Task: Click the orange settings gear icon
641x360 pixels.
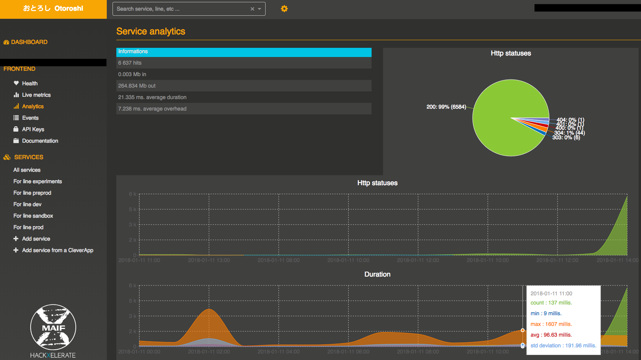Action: [284, 9]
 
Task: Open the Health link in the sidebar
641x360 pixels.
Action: [29, 83]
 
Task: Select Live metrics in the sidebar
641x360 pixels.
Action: [36, 95]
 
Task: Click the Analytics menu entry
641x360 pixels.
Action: [33, 106]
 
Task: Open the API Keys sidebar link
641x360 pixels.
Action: [33, 129]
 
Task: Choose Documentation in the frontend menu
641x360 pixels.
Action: [40, 141]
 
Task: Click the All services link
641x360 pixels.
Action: [27, 170]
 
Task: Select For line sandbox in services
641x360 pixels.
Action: [33, 216]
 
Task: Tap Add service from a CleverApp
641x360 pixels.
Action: [57, 250]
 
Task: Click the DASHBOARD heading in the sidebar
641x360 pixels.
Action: [29, 42]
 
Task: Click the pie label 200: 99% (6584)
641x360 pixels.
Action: [446, 107]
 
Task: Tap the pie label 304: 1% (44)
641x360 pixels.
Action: [569, 133]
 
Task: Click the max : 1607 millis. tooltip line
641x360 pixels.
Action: [551, 324]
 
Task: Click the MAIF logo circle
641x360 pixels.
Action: [53, 327]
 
